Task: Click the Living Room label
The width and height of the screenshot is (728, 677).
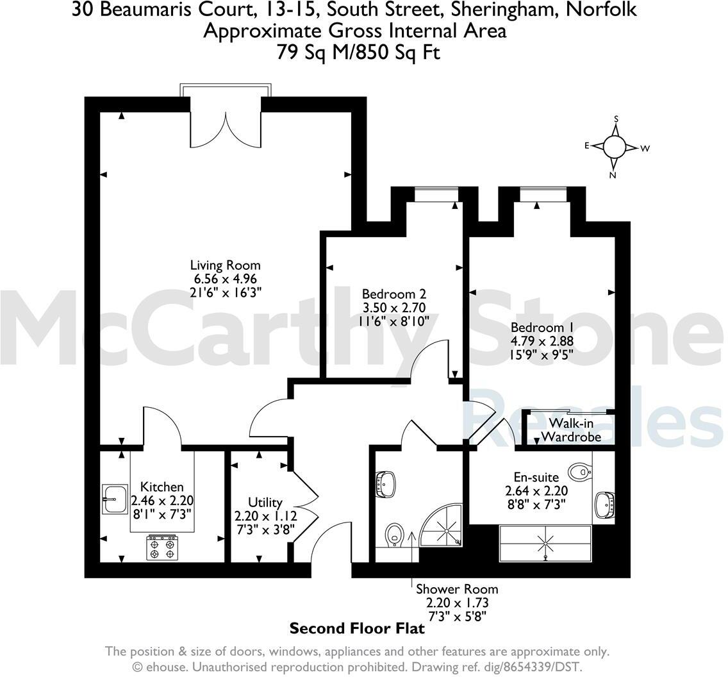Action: pos(225,265)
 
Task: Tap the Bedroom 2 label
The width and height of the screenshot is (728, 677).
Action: pos(389,294)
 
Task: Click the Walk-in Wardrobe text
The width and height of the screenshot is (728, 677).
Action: pos(571,430)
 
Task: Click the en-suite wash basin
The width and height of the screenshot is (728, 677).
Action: pos(604,505)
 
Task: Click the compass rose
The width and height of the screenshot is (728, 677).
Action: pos(614,147)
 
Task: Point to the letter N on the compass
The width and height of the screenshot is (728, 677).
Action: pos(613,175)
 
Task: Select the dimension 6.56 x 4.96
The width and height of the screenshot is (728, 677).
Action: pos(225,279)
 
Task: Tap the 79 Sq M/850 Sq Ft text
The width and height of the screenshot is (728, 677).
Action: pos(358,52)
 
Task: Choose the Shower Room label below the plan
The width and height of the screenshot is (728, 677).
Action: pos(456,589)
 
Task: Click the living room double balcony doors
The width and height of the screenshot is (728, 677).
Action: pos(226,128)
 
